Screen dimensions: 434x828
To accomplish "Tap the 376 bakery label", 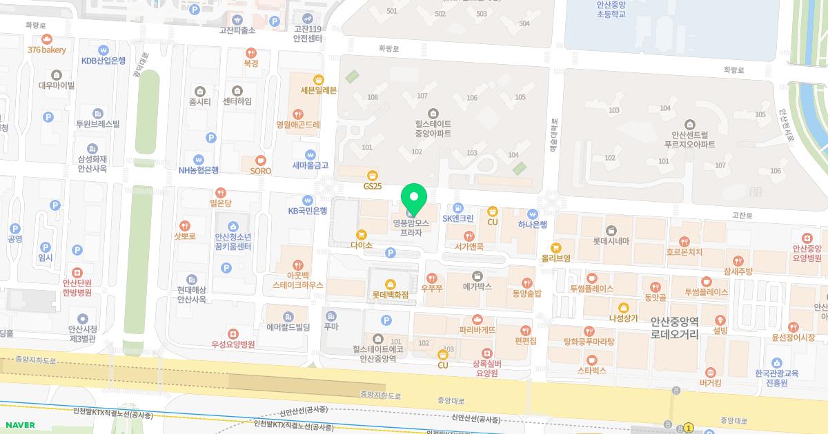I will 48,50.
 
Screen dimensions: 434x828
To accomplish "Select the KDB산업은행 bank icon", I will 103,50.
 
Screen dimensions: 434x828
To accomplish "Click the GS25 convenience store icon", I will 372,176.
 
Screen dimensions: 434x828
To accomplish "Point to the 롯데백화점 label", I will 391,295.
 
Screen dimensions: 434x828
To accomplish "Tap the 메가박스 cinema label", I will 477,286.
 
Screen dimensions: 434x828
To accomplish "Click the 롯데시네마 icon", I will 611,230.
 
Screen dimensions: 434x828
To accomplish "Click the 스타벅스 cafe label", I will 591,371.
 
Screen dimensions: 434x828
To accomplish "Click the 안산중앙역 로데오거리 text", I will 675,329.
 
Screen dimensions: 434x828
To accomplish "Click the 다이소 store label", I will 362,245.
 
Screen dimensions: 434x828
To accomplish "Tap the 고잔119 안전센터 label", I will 308,34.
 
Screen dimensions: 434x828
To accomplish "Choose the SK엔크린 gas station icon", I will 457,208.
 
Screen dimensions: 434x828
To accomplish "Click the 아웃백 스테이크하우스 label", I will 297,279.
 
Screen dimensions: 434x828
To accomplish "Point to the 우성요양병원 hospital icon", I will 233,333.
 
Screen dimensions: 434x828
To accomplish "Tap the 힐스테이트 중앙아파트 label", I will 433,128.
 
